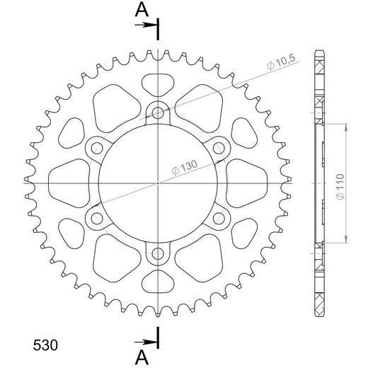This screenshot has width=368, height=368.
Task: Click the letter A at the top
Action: (142, 9)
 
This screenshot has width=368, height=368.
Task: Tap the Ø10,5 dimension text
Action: (282, 65)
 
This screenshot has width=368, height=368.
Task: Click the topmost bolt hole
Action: (158, 111)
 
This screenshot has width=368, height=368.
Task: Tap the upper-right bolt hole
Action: (219, 147)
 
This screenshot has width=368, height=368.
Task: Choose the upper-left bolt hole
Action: (96, 147)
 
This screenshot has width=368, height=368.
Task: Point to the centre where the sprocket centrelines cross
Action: (158, 183)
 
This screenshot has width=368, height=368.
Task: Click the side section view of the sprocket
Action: (321, 182)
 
